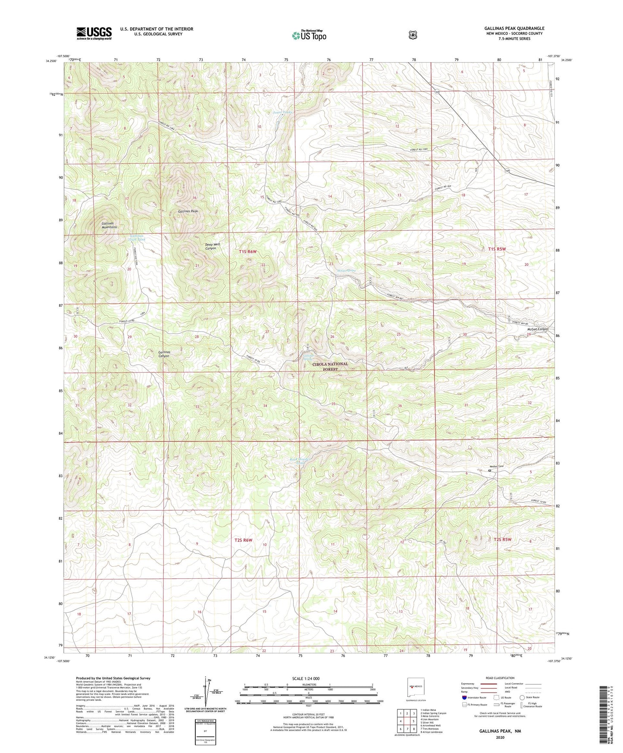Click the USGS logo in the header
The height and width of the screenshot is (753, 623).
[94, 33]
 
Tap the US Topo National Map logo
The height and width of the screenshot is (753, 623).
[308, 35]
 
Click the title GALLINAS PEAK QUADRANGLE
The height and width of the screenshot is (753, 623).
[514, 28]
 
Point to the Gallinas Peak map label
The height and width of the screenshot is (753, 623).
[188, 211]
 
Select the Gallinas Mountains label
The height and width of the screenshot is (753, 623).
[109, 225]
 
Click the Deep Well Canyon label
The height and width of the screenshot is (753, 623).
[210, 246]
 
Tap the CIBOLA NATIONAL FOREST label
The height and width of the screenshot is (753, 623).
[330, 366]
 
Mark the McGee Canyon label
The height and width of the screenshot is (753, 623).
[537, 329]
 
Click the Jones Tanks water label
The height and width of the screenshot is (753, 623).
[283, 113]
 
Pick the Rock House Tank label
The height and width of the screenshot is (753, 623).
[301, 461]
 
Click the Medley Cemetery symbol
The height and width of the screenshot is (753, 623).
[490, 471]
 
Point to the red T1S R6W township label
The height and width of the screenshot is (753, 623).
[248, 251]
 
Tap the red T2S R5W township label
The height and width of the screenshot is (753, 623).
[502, 540]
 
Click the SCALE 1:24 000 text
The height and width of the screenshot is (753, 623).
[306, 678]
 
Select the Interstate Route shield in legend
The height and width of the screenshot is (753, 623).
[464, 697]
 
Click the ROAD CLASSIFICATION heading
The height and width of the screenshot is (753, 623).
[500, 678]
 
